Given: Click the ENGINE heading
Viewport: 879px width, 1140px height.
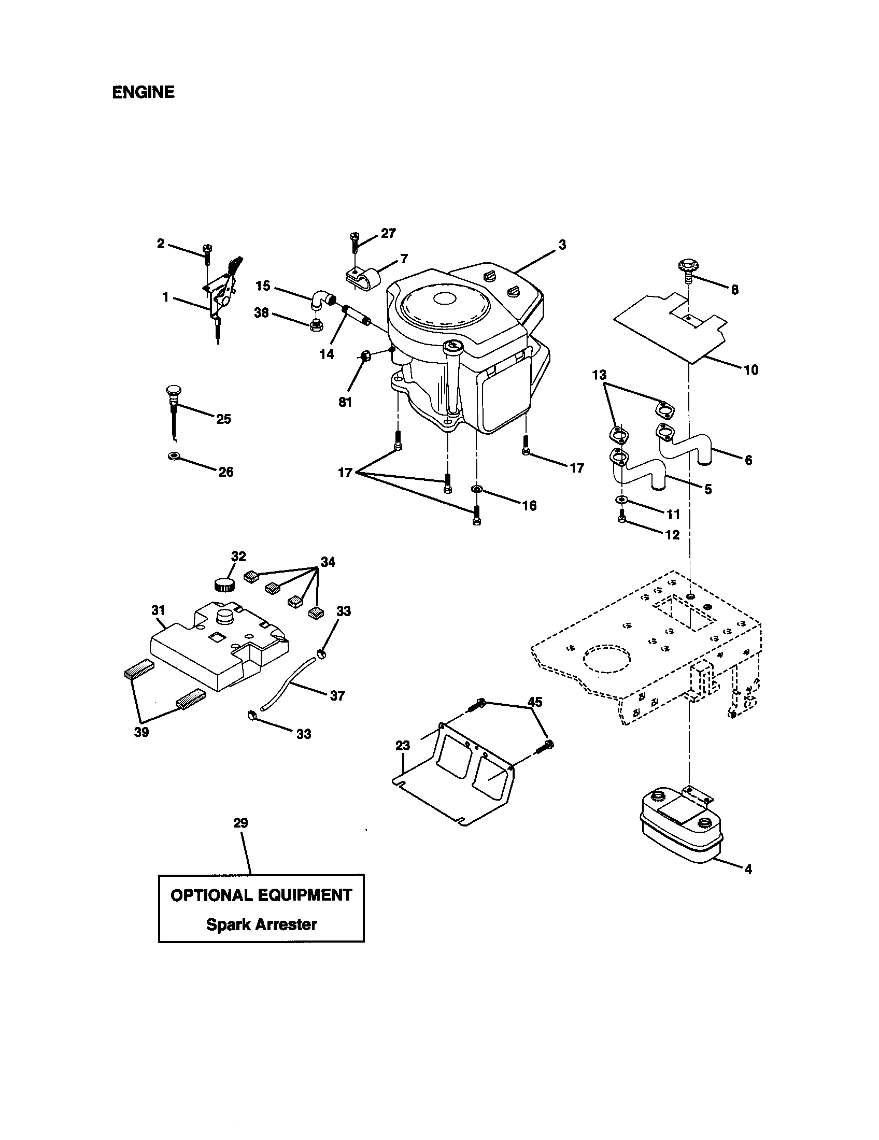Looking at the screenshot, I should [x=143, y=92].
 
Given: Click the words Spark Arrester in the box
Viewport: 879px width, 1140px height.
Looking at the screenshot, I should [x=261, y=924].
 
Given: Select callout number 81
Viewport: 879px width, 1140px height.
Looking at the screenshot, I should [x=345, y=402].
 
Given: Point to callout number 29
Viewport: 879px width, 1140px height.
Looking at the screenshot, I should [x=240, y=823].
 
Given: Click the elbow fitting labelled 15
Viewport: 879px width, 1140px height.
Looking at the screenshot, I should [x=323, y=301].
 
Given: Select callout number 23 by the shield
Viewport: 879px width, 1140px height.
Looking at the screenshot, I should [x=402, y=746].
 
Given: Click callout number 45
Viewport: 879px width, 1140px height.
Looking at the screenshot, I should [x=535, y=702].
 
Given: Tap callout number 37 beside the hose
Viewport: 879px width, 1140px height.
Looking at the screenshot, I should [x=337, y=695].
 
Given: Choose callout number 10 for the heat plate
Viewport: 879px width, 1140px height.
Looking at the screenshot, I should [x=750, y=370].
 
